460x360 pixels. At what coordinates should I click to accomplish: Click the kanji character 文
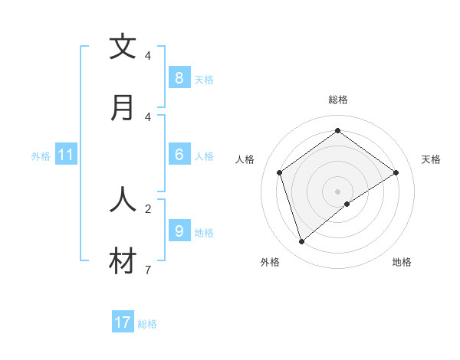pos(123,47)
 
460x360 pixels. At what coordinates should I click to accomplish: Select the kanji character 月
pos(123,107)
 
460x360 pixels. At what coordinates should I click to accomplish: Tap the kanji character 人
pos(123,199)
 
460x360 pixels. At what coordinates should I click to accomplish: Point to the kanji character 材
pos(123,261)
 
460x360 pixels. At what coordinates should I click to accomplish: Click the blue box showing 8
pos(179,77)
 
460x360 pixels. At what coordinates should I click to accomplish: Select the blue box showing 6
pos(179,155)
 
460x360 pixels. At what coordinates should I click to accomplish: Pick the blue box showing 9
pos(179,231)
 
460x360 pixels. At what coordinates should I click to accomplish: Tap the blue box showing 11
pos(66,155)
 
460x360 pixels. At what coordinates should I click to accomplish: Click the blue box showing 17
pos(123,322)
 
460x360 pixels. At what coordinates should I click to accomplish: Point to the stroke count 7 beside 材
pos(147,270)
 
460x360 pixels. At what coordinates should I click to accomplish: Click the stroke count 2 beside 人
pos(147,208)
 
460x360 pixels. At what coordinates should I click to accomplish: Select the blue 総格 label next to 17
pos(147,324)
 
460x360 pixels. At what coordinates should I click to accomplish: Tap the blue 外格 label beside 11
pos(41,156)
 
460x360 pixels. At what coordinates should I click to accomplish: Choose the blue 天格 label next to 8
pos(204,79)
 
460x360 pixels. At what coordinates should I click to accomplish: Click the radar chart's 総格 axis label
pos(338,100)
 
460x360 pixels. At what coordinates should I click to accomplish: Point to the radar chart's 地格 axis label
pos(402,262)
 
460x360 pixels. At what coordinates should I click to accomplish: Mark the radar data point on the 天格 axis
pos(396,172)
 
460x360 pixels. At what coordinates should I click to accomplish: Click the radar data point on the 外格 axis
pos(302,242)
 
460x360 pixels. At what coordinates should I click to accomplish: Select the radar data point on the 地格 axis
pos(347,204)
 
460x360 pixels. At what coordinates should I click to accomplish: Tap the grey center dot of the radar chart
pos(338,191)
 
